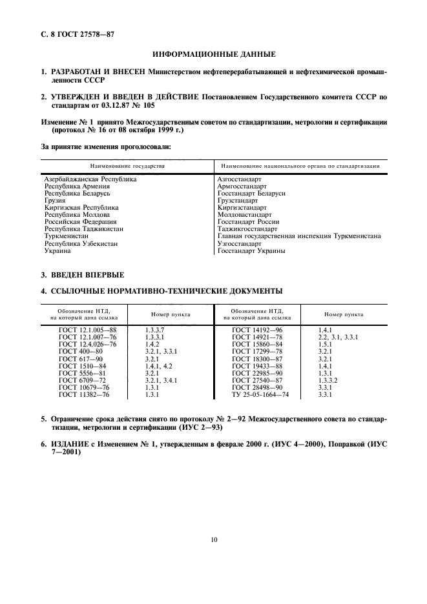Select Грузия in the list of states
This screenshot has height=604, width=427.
54,201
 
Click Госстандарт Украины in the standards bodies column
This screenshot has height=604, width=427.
251,250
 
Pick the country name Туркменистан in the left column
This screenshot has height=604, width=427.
66,236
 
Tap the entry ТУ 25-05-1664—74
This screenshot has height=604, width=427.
260,394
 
